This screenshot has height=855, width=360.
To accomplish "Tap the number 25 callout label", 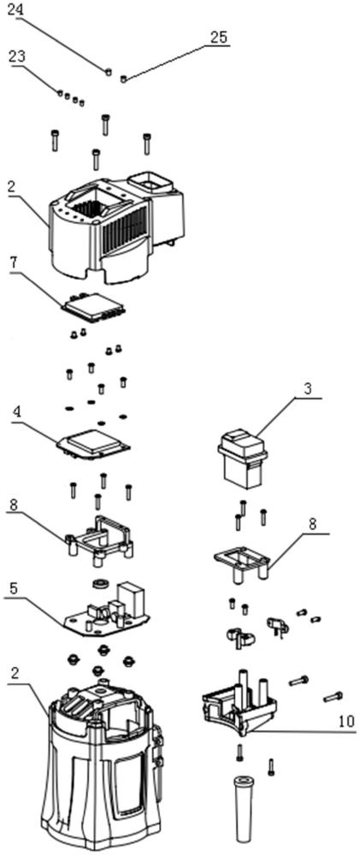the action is point(219,37).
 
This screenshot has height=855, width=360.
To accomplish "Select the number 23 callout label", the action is point(15,57).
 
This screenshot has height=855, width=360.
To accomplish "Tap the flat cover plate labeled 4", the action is point(93,447).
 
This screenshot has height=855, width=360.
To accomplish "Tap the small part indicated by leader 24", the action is point(109,70).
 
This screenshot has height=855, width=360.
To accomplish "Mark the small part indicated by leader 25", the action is point(123,79).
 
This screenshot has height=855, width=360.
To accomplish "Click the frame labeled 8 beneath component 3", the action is point(241,563).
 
